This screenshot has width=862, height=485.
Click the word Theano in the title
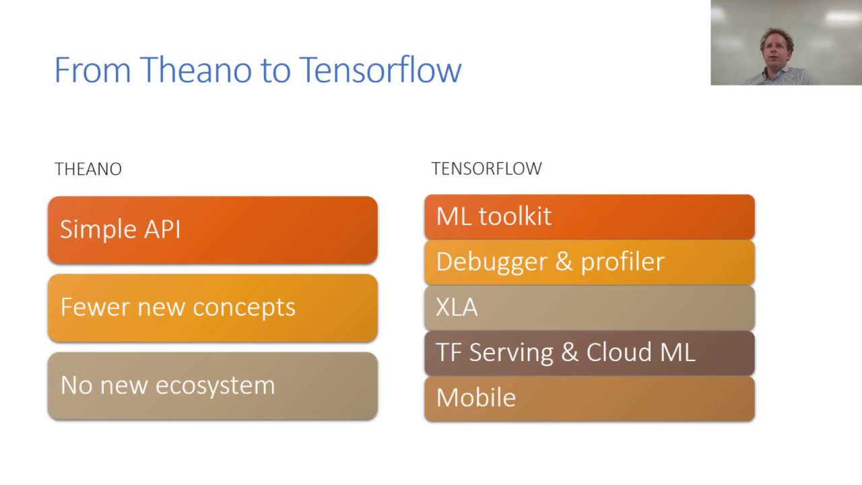[x=196, y=69]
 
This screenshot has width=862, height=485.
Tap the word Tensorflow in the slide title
[x=380, y=69]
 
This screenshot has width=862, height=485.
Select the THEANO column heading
[x=88, y=169]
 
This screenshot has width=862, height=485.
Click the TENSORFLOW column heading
[x=486, y=168]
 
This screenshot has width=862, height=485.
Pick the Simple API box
[x=213, y=230]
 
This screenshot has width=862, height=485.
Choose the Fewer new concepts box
[x=213, y=308]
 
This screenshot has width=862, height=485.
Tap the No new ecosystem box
[x=213, y=386]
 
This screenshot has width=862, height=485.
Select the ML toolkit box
[x=589, y=217]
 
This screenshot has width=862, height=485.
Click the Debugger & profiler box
[x=589, y=263]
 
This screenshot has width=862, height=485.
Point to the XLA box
[x=589, y=308]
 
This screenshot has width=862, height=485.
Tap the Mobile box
[x=589, y=399]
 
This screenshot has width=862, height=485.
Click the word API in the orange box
[x=162, y=229]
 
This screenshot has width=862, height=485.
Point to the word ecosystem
[x=215, y=386]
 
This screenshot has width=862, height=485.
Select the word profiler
[x=622, y=262]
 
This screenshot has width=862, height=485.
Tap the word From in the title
[x=93, y=69]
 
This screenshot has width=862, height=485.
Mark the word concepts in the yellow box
[x=244, y=308]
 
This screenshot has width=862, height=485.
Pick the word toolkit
[x=515, y=216]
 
